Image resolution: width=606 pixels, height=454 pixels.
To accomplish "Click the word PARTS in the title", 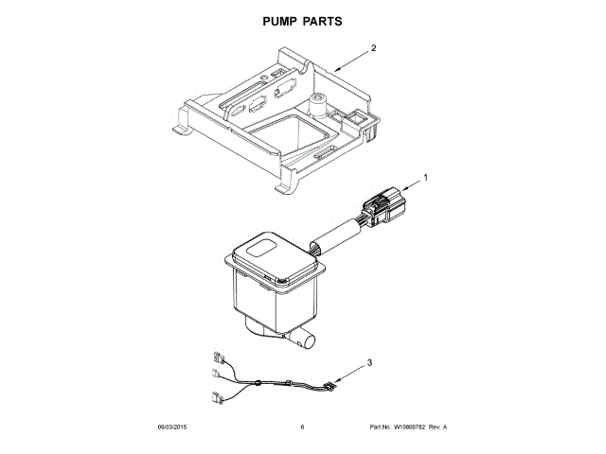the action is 322,20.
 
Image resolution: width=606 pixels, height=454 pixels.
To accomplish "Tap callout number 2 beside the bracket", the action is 374,47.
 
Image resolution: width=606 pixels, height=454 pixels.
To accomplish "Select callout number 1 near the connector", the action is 425,177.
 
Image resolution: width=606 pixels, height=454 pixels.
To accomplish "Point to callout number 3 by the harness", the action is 370,362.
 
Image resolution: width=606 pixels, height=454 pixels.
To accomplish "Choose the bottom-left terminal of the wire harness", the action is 218,397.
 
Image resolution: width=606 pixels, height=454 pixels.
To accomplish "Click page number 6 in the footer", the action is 302,428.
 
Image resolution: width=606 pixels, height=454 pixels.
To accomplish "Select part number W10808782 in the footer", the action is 409,428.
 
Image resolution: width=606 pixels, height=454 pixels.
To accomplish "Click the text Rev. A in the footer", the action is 437,428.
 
